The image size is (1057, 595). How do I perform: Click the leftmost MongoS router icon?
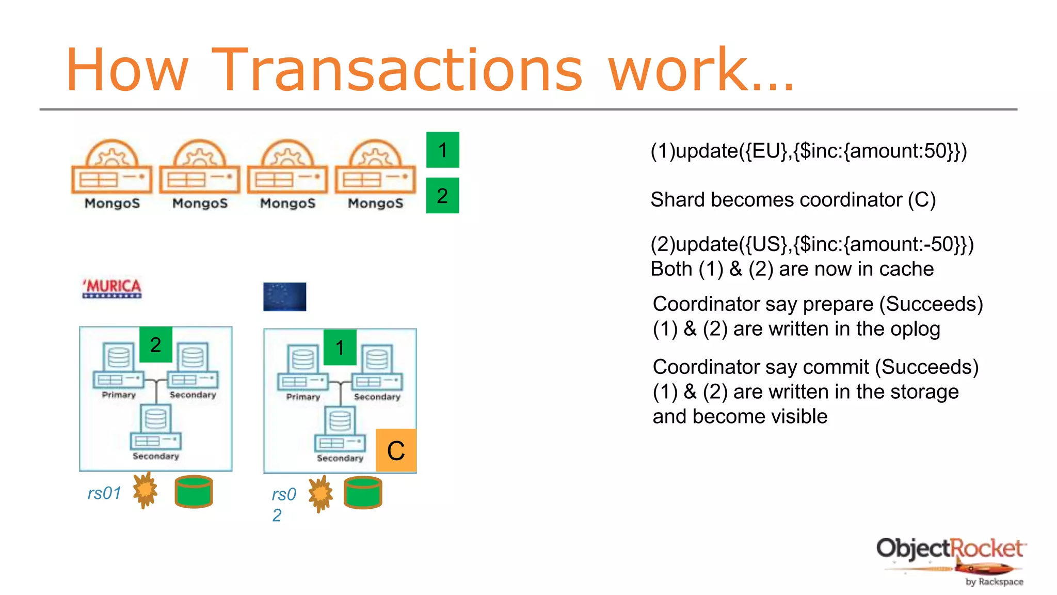(112, 173)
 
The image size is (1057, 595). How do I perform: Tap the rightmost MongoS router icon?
(375, 173)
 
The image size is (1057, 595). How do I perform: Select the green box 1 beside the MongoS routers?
(442, 150)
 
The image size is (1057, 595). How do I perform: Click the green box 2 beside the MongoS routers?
(442, 196)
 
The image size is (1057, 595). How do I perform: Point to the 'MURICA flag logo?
(112, 288)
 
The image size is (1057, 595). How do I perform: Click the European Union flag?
(284, 296)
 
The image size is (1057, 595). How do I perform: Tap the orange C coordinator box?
(396, 450)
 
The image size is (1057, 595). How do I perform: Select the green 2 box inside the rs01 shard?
(155, 345)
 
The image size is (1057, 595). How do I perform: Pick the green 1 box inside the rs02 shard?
(340, 347)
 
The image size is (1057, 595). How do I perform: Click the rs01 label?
(104, 493)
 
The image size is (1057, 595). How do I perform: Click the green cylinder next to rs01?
(194, 491)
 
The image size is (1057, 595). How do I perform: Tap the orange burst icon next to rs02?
(321, 494)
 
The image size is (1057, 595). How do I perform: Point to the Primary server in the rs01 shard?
(119, 369)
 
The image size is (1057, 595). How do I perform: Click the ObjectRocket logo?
(951, 560)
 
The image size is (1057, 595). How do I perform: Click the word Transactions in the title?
(397, 70)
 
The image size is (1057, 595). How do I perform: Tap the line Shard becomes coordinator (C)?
(793, 199)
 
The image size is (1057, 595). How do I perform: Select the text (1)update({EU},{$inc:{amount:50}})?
(808, 151)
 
